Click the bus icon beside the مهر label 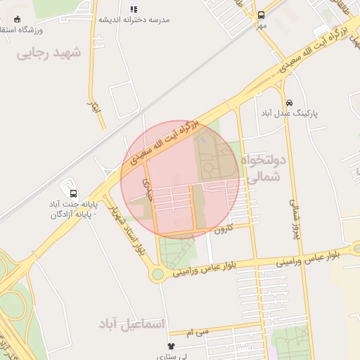[x=262, y=15]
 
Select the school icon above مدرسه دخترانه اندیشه [x=134, y=9]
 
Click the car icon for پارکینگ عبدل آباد [x=289, y=102]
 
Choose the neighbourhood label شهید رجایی [x=49, y=53]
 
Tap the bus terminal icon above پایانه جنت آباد [x=73, y=193]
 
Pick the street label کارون [x=222, y=229]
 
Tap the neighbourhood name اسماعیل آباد [x=133, y=324]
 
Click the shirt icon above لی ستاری [x=172, y=346]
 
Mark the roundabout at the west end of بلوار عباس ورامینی [x=158, y=274]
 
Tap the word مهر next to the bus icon [x=262, y=26]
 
